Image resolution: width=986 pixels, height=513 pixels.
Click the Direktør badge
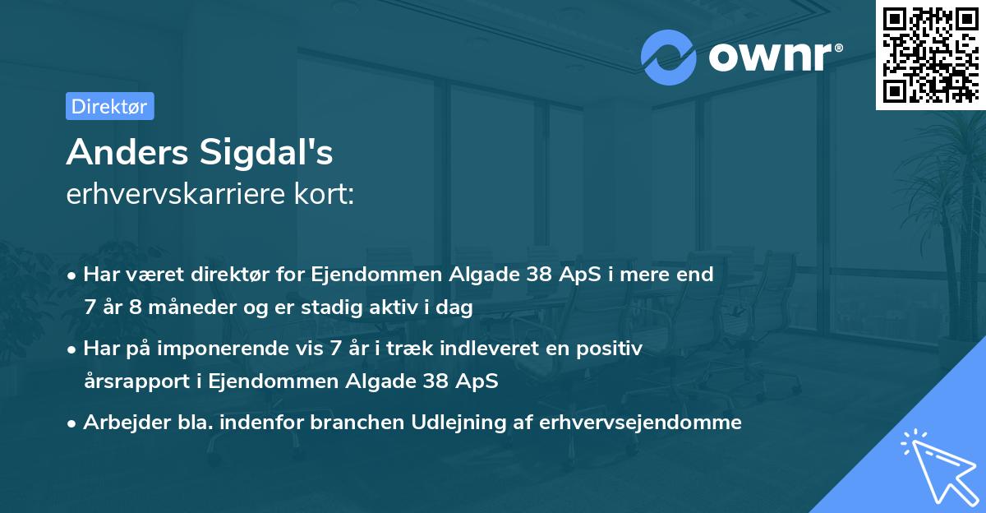(x=109, y=106)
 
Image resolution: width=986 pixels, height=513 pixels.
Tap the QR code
(x=930, y=54)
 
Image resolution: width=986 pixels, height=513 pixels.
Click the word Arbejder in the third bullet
(x=120, y=423)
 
